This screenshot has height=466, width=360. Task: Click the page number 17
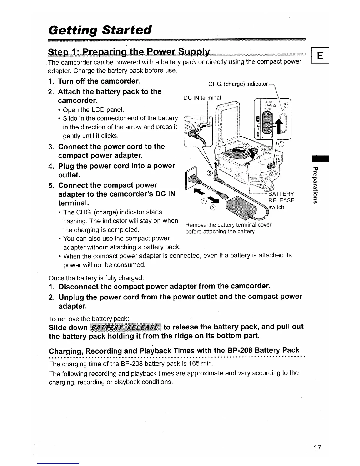click(317, 447)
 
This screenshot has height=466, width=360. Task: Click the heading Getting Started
click(100, 30)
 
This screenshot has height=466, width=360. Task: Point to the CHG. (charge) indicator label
click(238, 84)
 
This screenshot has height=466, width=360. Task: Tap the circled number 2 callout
click(246, 146)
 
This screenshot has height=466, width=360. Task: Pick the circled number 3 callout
click(213, 208)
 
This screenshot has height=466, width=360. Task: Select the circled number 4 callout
click(203, 202)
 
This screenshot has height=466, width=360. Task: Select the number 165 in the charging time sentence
click(194, 363)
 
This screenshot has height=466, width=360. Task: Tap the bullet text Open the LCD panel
click(93, 110)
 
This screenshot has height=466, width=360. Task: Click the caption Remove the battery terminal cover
click(228, 225)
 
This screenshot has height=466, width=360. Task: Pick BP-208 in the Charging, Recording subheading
click(239, 350)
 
